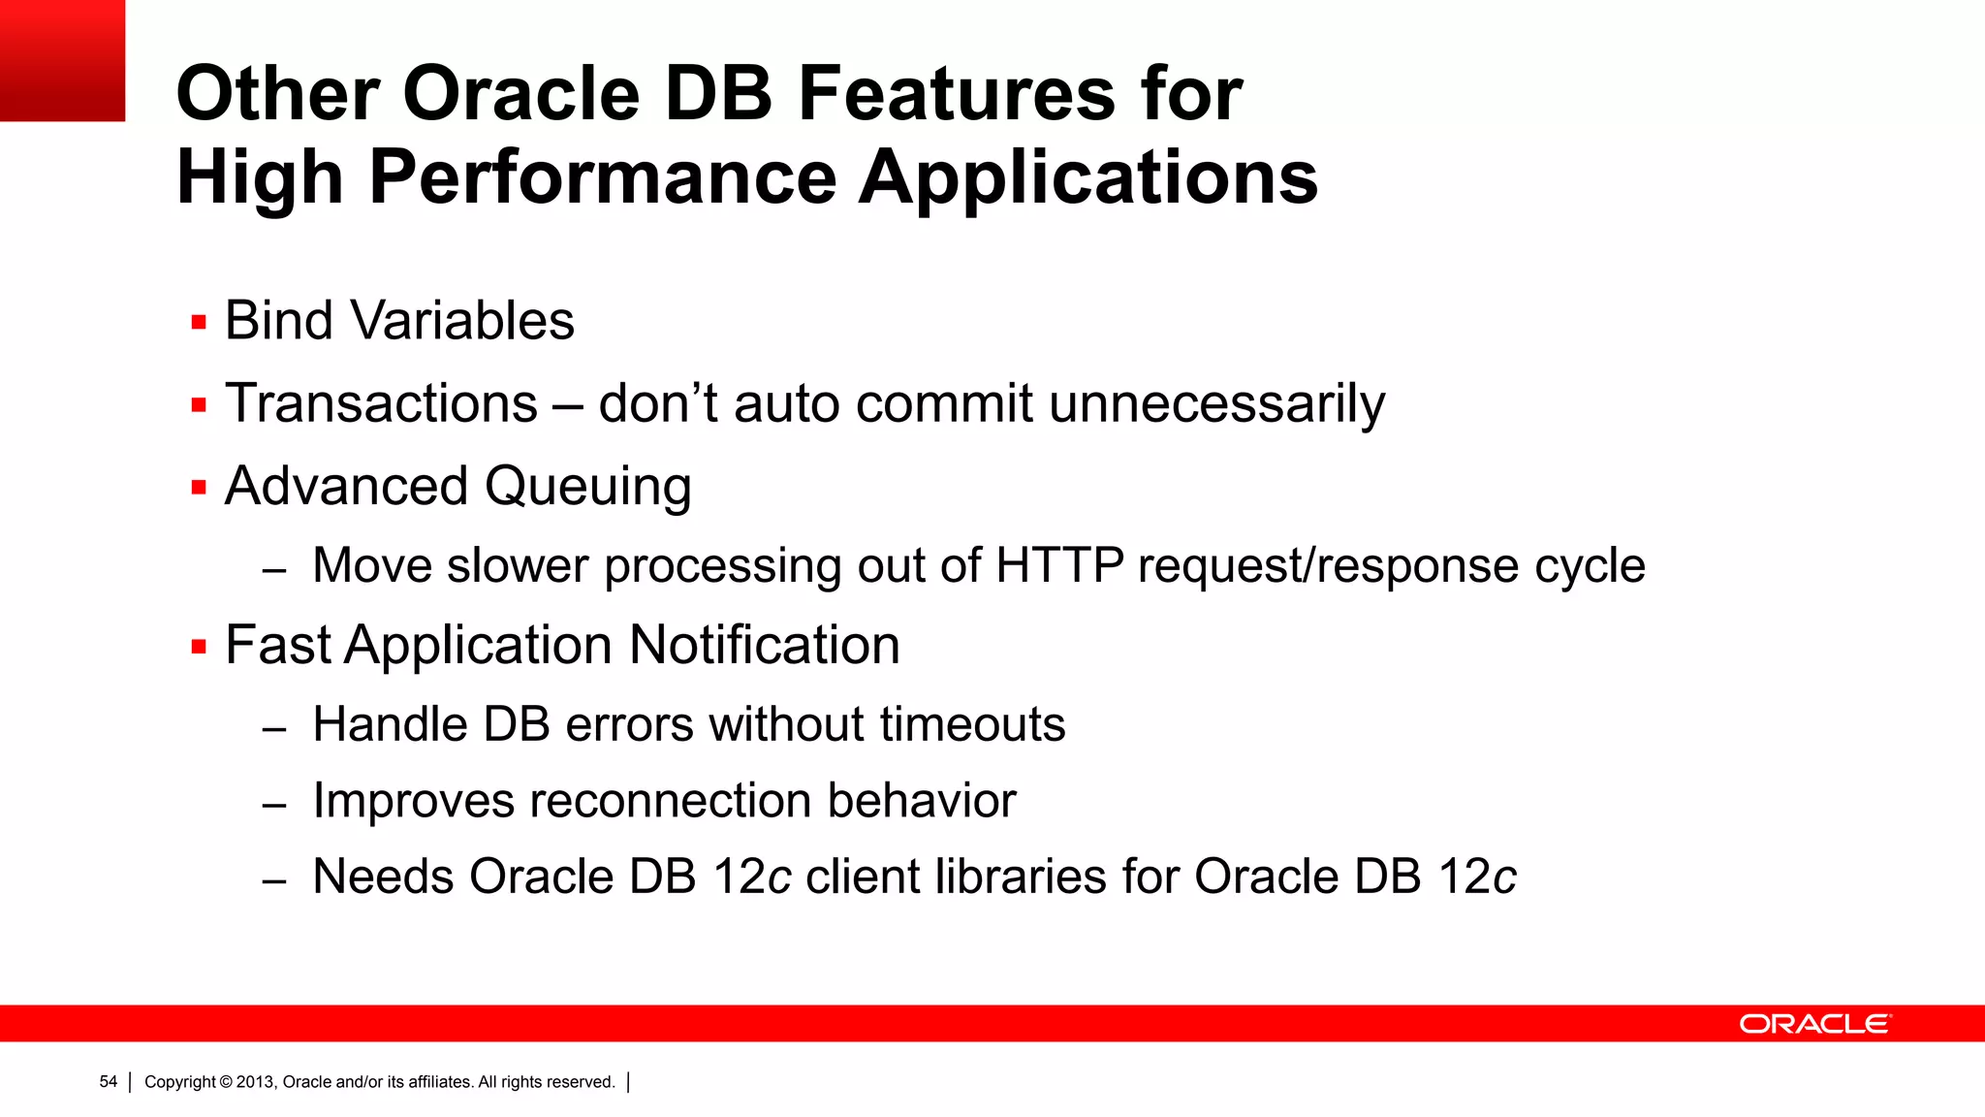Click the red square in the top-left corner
[x=62, y=60]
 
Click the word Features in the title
[x=956, y=94]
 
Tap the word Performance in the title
[x=603, y=177]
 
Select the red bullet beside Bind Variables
[x=200, y=323]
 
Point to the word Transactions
[x=381, y=403]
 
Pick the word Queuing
[x=587, y=487]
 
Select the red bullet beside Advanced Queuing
[x=200, y=488]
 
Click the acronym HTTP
[x=1059, y=565]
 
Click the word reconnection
[x=670, y=801]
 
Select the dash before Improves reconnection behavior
[x=274, y=805]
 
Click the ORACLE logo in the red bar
[x=1814, y=1024]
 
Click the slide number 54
[x=108, y=1082]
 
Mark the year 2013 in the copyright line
[x=256, y=1082]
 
